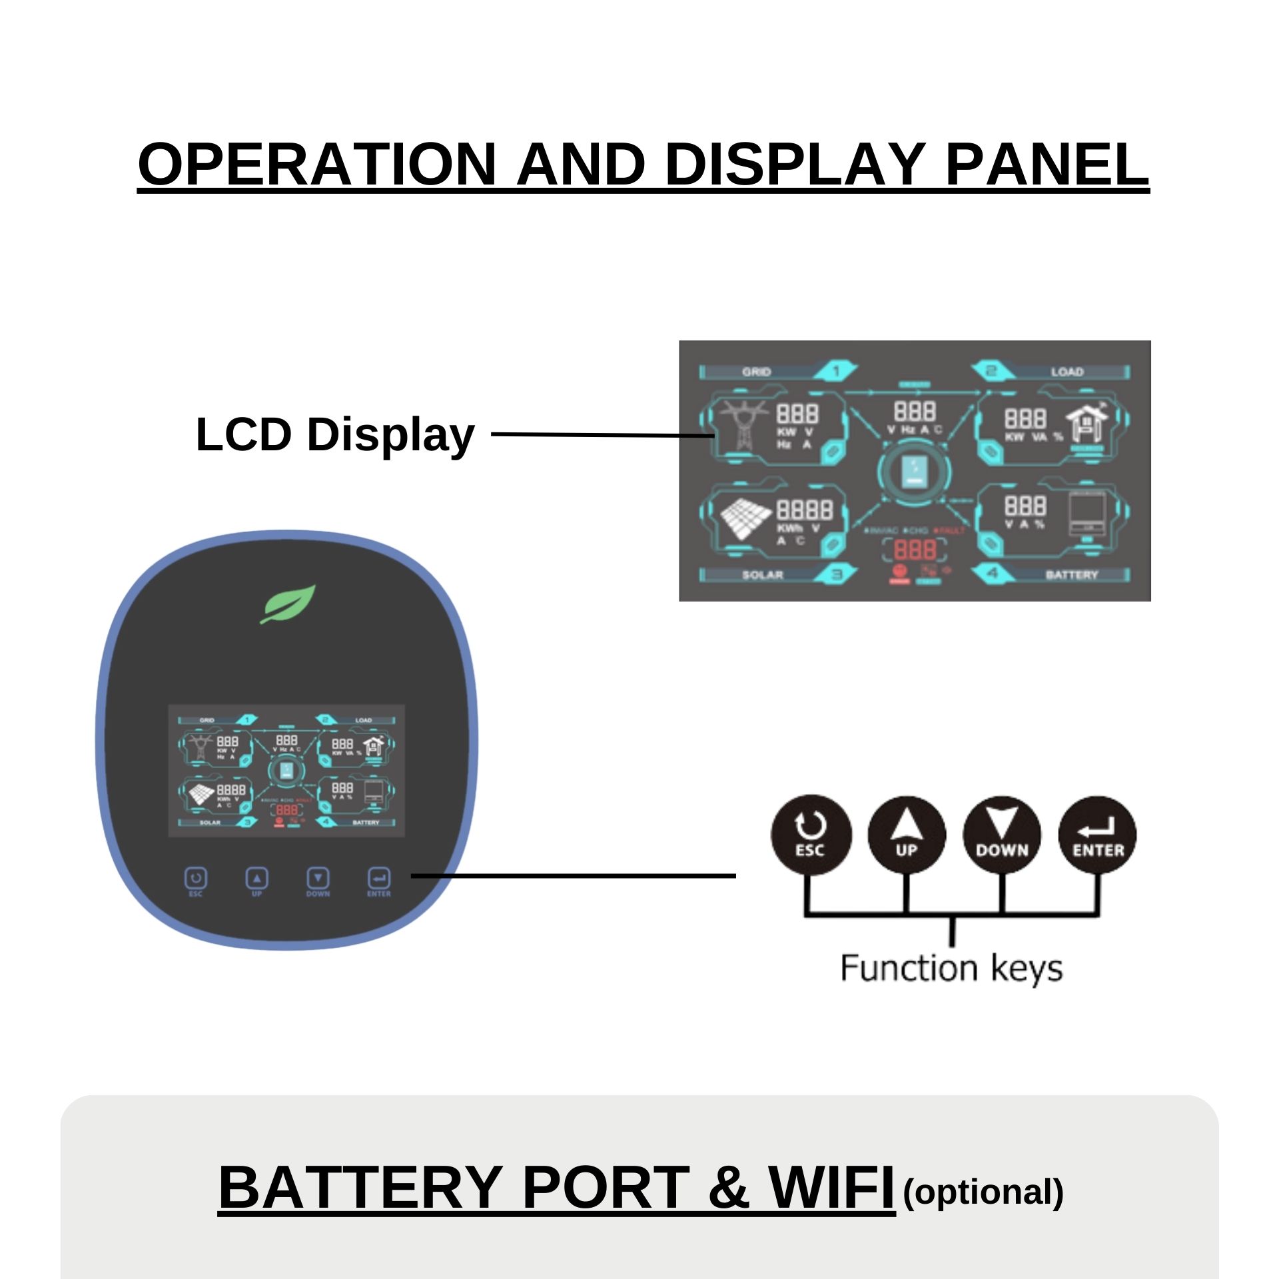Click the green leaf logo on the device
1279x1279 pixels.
[x=288, y=604]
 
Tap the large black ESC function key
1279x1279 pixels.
[x=810, y=835]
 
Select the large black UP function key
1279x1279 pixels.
[x=906, y=835]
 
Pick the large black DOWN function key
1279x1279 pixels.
[x=1002, y=835]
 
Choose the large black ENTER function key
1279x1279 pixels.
[x=1097, y=835]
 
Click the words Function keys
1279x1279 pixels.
[x=951, y=968]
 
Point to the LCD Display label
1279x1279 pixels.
[x=334, y=434]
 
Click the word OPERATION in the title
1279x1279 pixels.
[x=317, y=164]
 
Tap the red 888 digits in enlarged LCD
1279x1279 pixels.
[x=914, y=550]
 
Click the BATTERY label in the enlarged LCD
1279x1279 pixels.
[x=1070, y=574]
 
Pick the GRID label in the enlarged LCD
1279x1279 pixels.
[x=756, y=372]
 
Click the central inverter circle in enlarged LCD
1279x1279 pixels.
[x=913, y=473]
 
